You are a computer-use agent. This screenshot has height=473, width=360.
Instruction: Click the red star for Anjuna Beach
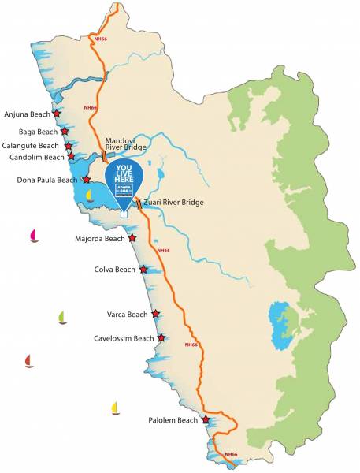pos(57,114)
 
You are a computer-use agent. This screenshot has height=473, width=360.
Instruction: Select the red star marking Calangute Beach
pos(69,146)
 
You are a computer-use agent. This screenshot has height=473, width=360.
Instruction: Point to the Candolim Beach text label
pos(36,157)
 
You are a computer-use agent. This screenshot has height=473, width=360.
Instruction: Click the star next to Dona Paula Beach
pos(86,180)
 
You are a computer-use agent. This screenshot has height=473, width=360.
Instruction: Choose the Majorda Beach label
pos(99,238)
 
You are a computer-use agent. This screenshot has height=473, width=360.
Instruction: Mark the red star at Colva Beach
pos(143,270)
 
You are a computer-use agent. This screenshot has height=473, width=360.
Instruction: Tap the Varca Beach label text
pos(127,315)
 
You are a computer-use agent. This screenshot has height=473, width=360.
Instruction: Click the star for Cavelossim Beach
pos(161,338)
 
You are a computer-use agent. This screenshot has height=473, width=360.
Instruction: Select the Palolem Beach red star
pos(206,420)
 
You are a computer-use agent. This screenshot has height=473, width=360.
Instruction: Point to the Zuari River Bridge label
pos(173,203)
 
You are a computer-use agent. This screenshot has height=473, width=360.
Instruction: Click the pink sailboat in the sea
pos(34,235)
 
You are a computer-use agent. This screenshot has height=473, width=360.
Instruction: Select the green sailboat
pos(62,318)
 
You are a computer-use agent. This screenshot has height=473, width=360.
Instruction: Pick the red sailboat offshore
pos(29,361)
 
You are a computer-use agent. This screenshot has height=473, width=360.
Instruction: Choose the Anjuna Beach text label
pos(27,114)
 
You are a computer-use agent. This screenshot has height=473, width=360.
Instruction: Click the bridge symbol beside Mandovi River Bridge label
pos(103,156)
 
